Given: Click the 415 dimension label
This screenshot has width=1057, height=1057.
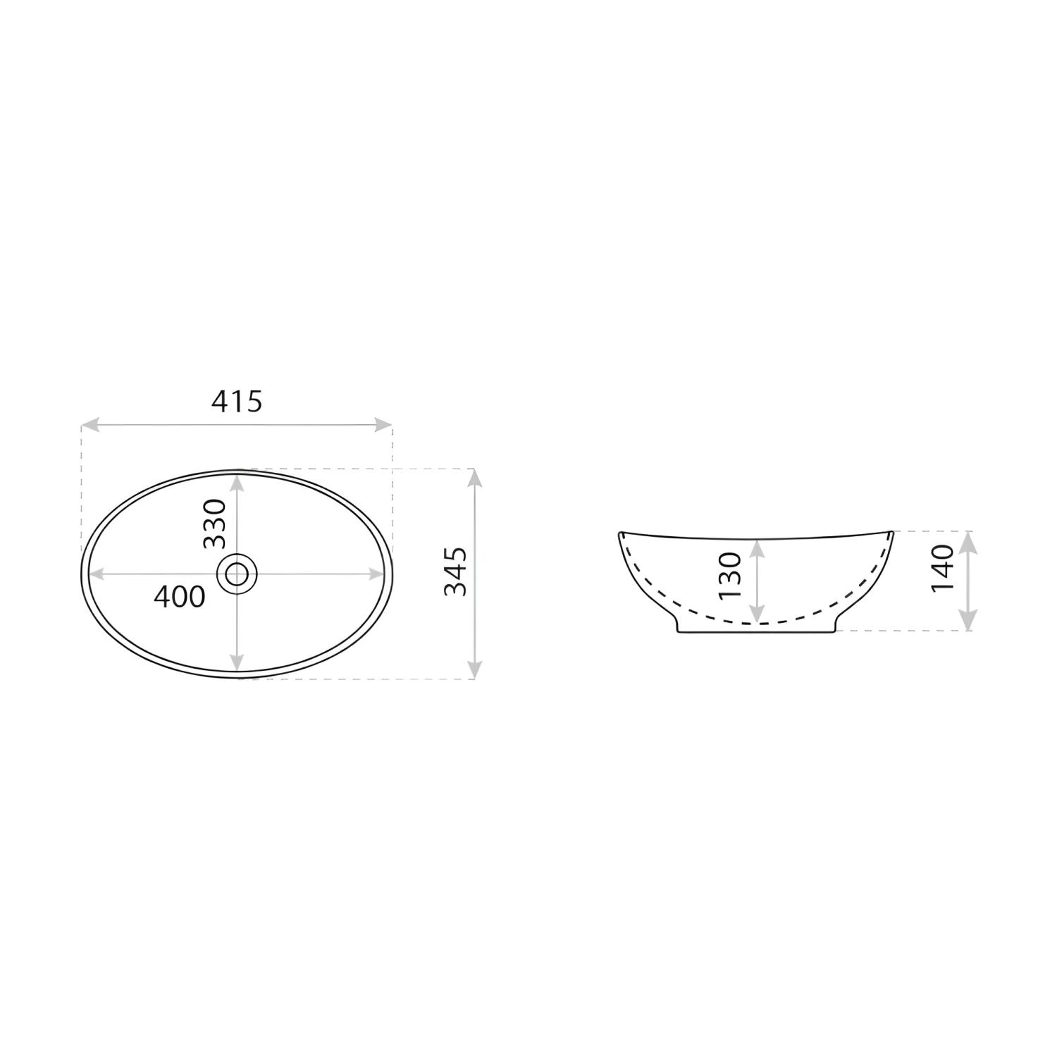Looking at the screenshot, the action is tap(237, 401).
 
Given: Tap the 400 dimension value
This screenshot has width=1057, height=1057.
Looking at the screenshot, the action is tap(180, 597).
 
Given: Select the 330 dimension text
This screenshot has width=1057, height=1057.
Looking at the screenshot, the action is tap(214, 523).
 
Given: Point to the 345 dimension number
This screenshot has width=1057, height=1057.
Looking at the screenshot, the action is tap(455, 571).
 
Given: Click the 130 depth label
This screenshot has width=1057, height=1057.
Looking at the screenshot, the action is tap(730, 576).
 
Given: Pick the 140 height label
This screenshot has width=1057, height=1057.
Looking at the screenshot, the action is tap(942, 567).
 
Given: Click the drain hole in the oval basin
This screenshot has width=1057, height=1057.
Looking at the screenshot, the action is tap(237, 573).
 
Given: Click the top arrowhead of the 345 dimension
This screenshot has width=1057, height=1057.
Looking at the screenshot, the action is tap(475, 478).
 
